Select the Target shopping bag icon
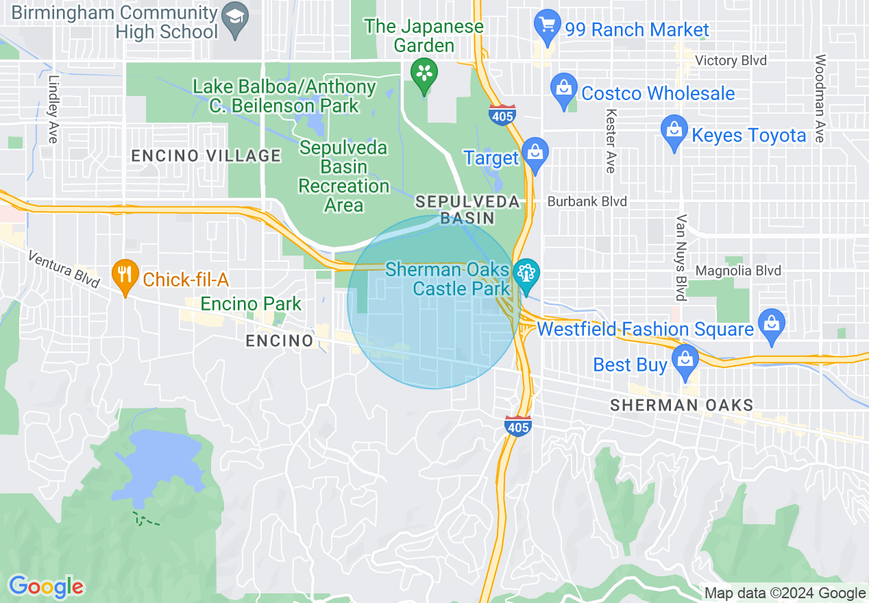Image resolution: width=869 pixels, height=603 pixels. (535, 154)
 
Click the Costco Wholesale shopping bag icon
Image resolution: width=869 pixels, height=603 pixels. (564, 90)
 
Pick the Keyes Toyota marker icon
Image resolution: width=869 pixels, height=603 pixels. (674, 132)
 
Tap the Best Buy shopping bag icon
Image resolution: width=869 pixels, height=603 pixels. (685, 360)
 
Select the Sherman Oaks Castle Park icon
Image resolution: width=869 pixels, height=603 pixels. (526, 274)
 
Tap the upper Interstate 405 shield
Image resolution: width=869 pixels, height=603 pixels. (502, 115)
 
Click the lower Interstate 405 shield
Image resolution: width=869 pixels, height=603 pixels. (517, 426)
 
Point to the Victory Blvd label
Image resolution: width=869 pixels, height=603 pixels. (731, 61)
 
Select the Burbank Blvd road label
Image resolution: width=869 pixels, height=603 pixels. (587, 202)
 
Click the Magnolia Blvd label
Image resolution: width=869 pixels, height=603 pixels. (738, 271)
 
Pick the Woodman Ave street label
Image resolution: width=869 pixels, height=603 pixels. (820, 99)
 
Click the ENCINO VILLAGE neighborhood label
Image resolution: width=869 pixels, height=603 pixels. (206, 156)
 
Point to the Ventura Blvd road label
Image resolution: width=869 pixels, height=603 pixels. (64, 269)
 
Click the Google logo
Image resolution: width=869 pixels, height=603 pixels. (46, 587)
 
